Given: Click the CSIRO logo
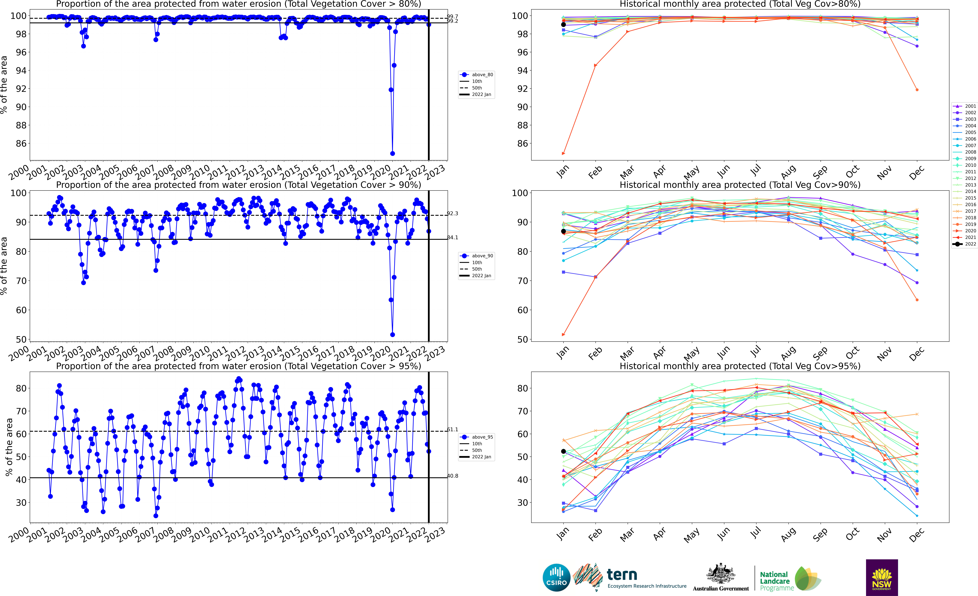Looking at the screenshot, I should [x=556, y=577].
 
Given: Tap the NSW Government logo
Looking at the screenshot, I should [x=882, y=577].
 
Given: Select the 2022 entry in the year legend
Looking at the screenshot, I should [x=965, y=244].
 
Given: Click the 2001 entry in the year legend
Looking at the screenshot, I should [x=965, y=106].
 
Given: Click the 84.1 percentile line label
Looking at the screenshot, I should [x=453, y=238].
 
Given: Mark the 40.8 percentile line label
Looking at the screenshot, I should [x=453, y=476].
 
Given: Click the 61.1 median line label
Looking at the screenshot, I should [x=453, y=429].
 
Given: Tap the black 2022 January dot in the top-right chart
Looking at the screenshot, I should [x=563, y=25].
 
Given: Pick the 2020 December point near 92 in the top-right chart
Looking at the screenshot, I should [x=917, y=90].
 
